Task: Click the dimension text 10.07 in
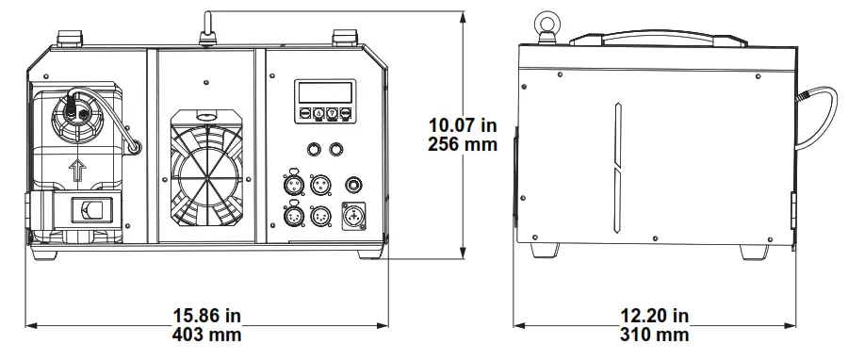tap(464, 125)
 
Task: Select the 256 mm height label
tap(464, 146)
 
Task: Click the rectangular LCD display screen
tap(324, 92)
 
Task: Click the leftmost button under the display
tap(304, 113)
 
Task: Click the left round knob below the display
tap(311, 148)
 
